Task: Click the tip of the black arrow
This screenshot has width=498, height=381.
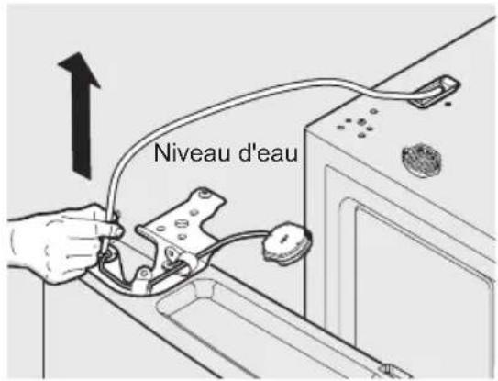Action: (x=78, y=52)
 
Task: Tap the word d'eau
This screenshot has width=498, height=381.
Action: (x=268, y=152)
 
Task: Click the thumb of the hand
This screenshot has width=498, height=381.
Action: (x=106, y=228)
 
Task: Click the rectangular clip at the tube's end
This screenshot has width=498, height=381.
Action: (x=434, y=91)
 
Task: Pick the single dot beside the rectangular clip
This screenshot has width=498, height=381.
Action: (x=448, y=104)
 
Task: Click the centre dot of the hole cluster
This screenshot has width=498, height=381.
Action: (x=360, y=122)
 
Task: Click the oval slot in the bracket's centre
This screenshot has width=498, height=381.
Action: (x=180, y=222)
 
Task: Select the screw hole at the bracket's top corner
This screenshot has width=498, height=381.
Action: (x=204, y=194)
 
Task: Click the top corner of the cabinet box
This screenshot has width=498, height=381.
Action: (x=305, y=129)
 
